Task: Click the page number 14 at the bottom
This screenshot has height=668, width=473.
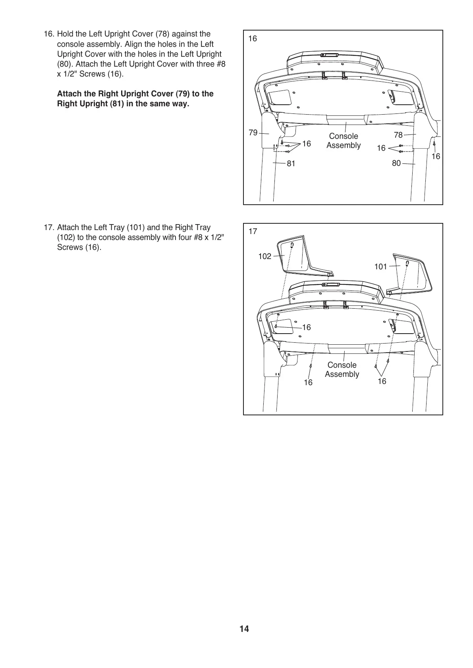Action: pyautogui.click(x=244, y=629)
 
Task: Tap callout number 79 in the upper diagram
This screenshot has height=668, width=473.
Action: pyautogui.click(x=253, y=132)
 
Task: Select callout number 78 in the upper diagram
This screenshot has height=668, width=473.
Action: pyautogui.click(x=398, y=135)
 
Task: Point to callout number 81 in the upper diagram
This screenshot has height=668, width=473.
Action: pyautogui.click(x=291, y=163)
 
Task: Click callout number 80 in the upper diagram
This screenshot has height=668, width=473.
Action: pyautogui.click(x=396, y=163)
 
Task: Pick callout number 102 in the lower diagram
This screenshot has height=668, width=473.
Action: pyautogui.click(x=264, y=256)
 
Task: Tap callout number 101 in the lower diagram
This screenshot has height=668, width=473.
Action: pyautogui.click(x=380, y=267)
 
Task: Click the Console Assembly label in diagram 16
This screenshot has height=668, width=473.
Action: pyautogui.click(x=344, y=141)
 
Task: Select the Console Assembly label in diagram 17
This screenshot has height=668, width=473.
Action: pyautogui.click(x=342, y=370)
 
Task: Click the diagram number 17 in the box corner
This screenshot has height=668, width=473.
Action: pyautogui.click(x=253, y=231)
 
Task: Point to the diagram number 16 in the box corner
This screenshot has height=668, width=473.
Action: pyautogui.click(x=253, y=38)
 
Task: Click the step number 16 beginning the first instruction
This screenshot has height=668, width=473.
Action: pyautogui.click(x=49, y=34)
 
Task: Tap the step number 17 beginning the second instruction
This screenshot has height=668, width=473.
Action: pyautogui.click(x=49, y=228)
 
